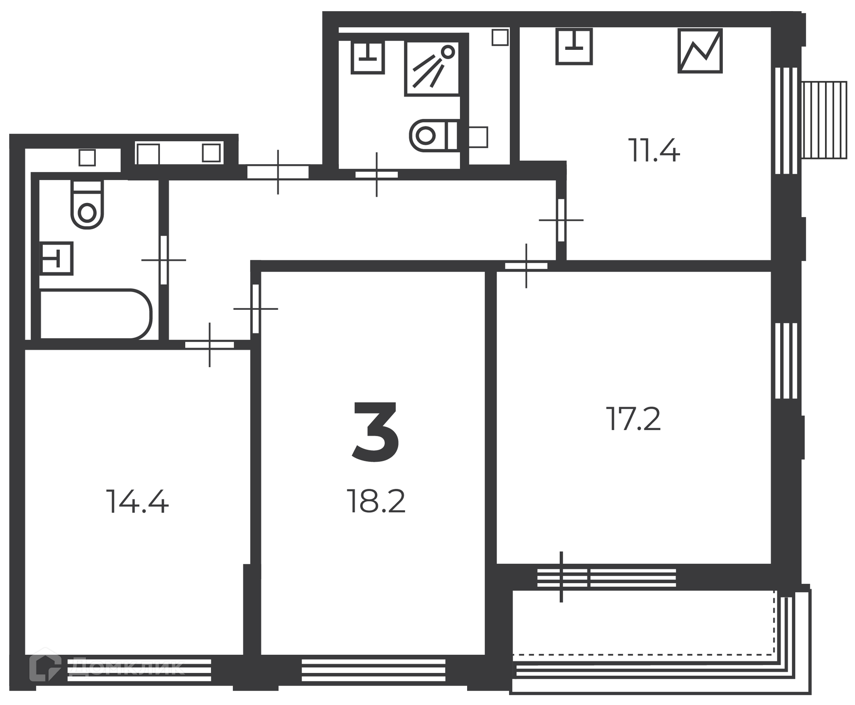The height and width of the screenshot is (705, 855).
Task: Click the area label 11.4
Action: (654, 150)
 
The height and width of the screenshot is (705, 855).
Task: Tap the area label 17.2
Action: (633, 419)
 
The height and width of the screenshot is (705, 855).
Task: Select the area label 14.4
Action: (137, 502)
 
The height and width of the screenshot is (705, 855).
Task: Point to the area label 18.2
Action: (376, 501)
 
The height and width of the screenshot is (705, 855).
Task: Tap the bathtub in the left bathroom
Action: (96, 314)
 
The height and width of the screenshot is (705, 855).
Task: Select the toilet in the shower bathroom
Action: (434, 135)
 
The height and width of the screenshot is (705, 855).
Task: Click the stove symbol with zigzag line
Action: (700, 51)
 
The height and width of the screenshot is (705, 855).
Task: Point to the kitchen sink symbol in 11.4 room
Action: (574, 46)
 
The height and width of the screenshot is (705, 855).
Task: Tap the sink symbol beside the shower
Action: (367, 57)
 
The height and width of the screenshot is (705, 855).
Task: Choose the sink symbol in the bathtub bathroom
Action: (57, 259)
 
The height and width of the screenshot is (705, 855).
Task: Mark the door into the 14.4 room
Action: (210, 344)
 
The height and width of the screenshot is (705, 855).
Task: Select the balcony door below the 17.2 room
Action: (562, 578)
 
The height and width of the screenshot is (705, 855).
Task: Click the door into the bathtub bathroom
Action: (163, 260)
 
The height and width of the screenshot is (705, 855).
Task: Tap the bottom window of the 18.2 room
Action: (373, 670)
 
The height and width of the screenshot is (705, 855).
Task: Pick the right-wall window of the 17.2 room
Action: (786, 361)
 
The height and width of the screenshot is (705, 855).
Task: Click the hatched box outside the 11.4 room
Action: (824, 120)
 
